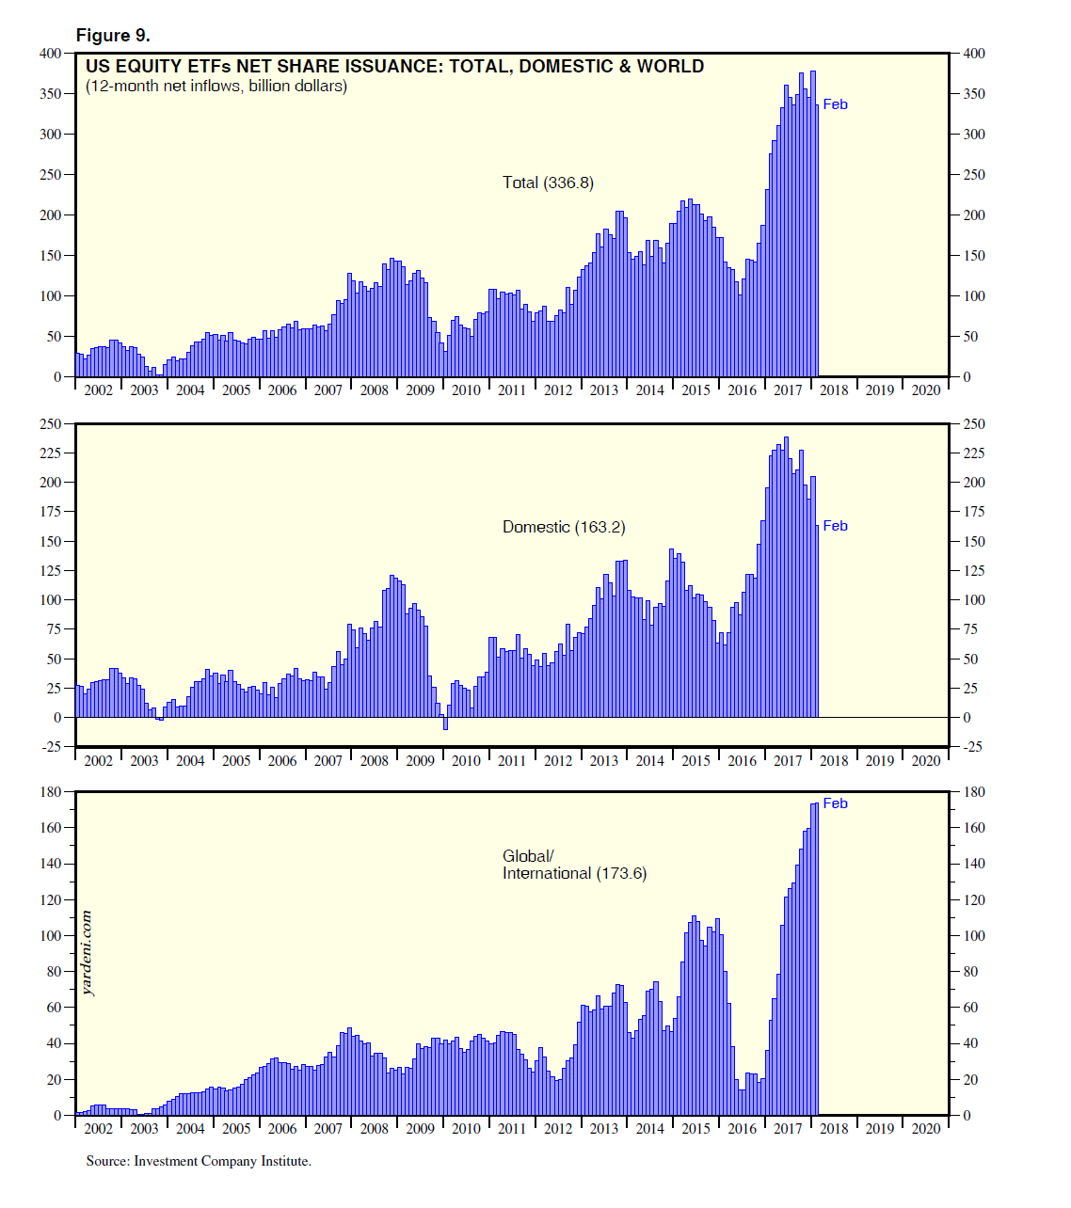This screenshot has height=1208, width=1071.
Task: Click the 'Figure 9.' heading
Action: click(113, 36)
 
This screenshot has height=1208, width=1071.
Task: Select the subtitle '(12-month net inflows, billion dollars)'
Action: click(216, 87)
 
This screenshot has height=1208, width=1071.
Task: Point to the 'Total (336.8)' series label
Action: click(548, 183)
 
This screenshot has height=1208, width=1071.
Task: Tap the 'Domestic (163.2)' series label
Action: click(563, 527)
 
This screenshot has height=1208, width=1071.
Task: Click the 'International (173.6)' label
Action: click(574, 873)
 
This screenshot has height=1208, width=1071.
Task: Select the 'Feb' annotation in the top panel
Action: click(835, 104)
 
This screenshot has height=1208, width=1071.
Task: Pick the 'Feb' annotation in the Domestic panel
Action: click(835, 526)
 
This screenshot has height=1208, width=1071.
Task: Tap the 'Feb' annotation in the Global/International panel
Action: click(835, 803)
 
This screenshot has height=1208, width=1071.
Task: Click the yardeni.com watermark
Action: click(88, 952)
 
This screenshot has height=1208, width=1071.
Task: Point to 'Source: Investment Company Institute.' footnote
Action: click(199, 1161)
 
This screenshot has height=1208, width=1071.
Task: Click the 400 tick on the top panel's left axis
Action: click(50, 54)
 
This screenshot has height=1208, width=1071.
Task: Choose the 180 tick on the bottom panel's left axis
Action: click(50, 792)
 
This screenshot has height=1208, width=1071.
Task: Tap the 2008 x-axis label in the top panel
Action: click(374, 390)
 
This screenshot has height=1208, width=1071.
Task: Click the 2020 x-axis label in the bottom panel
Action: click(925, 1129)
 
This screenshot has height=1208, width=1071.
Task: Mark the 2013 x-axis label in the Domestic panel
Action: click(603, 761)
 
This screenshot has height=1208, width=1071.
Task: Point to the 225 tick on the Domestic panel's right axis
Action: click(974, 453)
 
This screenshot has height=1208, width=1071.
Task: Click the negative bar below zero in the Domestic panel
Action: click(445, 723)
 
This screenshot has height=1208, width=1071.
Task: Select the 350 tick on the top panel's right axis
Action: click(974, 94)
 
